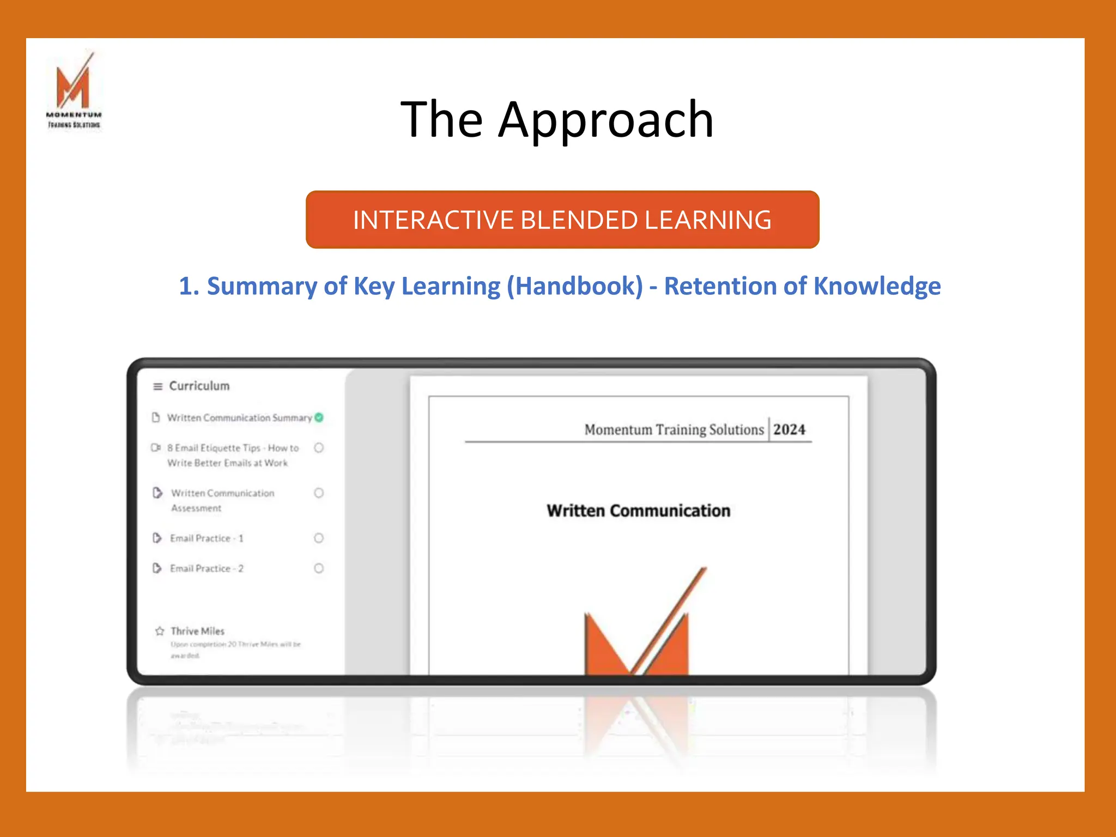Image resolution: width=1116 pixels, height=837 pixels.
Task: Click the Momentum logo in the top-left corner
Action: [x=74, y=90]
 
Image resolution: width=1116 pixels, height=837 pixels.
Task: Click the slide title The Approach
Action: [x=557, y=119]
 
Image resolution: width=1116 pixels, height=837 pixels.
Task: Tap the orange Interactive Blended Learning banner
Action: [x=562, y=220]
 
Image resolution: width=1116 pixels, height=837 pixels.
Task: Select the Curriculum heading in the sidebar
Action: [x=199, y=386]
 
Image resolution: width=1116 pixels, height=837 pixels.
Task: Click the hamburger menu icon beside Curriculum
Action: [x=158, y=386]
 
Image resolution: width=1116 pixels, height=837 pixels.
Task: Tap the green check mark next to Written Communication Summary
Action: [x=319, y=417]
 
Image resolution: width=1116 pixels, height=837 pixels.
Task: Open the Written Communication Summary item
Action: [x=239, y=418]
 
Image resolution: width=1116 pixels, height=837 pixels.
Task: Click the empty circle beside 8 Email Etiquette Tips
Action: [x=319, y=448]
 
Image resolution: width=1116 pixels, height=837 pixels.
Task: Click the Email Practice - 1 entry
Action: [x=207, y=538]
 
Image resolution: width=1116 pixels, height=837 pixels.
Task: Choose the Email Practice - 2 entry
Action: [x=207, y=568]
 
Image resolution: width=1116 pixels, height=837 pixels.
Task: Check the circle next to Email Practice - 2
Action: [x=319, y=568]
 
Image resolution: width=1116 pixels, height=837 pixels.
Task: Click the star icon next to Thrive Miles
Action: [x=160, y=631]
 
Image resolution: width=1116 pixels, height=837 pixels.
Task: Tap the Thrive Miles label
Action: [x=197, y=631]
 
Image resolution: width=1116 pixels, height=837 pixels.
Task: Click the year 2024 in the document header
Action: [x=789, y=429]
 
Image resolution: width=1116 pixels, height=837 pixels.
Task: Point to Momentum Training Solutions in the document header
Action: [x=674, y=430]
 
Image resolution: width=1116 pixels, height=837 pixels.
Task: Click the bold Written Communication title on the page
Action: [x=638, y=511]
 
